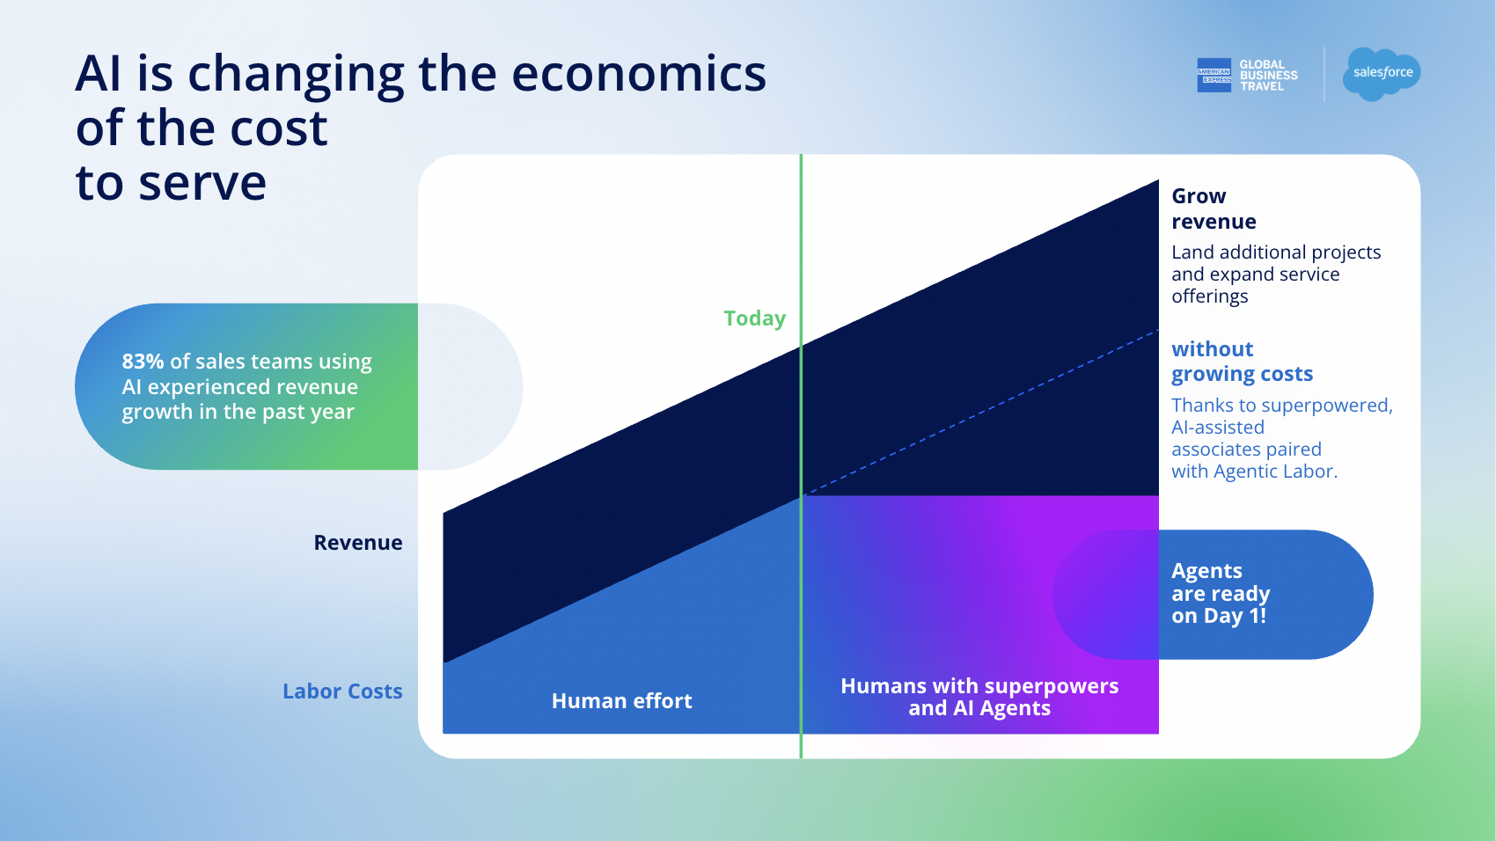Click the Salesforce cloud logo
click(1381, 74)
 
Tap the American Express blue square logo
click(1214, 75)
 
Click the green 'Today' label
click(755, 318)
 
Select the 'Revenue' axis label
click(358, 543)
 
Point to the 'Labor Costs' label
click(342, 691)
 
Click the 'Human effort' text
click(622, 701)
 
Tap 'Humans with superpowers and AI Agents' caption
click(979, 697)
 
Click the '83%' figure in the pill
click(143, 361)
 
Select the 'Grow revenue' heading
click(1214, 208)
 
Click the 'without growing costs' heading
click(1243, 361)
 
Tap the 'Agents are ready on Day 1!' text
click(1221, 594)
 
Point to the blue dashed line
click(979, 413)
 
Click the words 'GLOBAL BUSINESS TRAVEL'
click(1268, 76)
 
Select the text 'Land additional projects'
click(1276, 252)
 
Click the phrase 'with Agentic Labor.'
click(1254, 472)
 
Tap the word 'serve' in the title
click(202, 183)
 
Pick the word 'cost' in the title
click(278, 128)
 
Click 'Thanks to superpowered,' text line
click(1282, 406)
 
